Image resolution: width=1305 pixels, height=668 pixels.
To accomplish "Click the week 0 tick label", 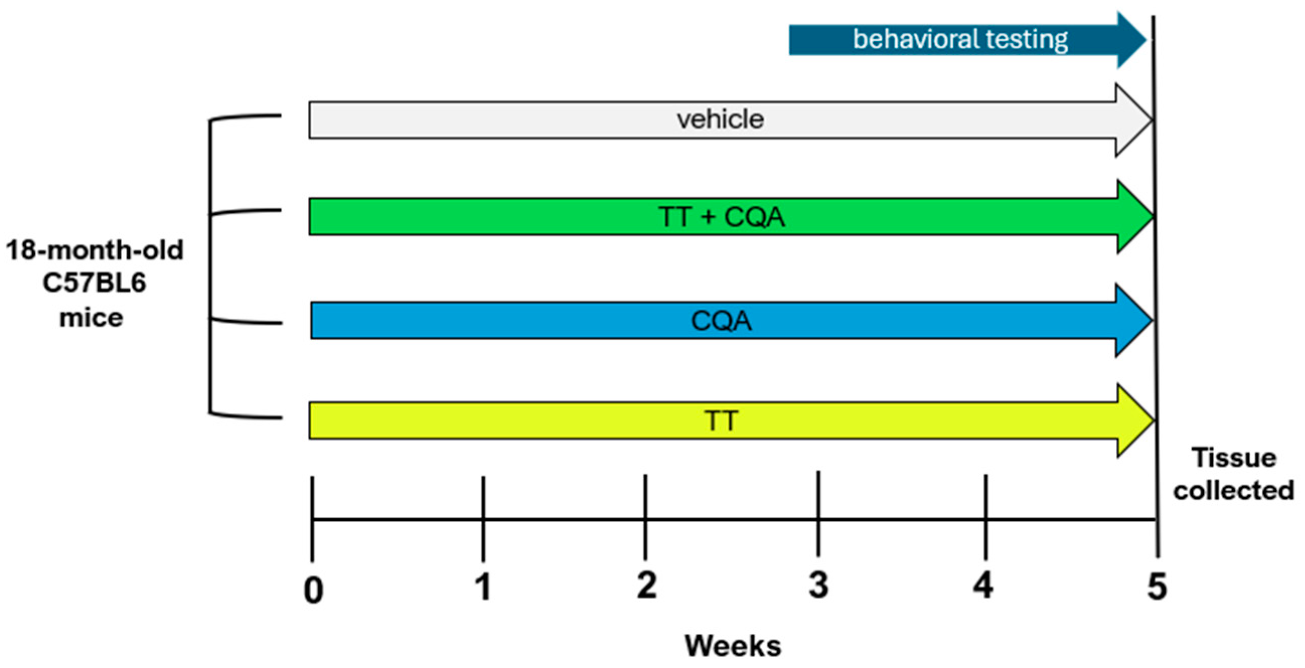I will [x=313, y=590].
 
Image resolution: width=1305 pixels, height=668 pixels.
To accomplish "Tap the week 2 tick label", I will [x=646, y=586].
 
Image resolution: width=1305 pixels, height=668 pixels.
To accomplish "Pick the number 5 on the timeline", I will [x=1157, y=587].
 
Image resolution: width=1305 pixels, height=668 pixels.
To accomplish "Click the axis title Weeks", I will [x=732, y=646].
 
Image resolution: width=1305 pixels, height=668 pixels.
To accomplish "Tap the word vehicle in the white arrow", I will [x=720, y=120].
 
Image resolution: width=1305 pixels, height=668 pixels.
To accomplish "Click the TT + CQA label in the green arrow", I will [x=721, y=217].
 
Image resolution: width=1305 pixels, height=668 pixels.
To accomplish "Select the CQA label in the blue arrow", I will [x=721, y=321].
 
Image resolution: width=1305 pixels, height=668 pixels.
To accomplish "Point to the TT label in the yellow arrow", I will [x=721, y=421].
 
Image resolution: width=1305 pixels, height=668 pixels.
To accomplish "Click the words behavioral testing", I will [x=960, y=40].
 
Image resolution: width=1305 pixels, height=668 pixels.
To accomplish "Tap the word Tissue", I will [x=1234, y=458].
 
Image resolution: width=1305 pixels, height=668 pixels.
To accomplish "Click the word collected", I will [x=1234, y=491].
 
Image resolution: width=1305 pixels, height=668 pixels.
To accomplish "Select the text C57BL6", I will [x=94, y=283].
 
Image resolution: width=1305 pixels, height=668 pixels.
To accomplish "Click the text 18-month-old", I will [x=94, y=250].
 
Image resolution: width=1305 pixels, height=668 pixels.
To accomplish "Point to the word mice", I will [x=91, y=318].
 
